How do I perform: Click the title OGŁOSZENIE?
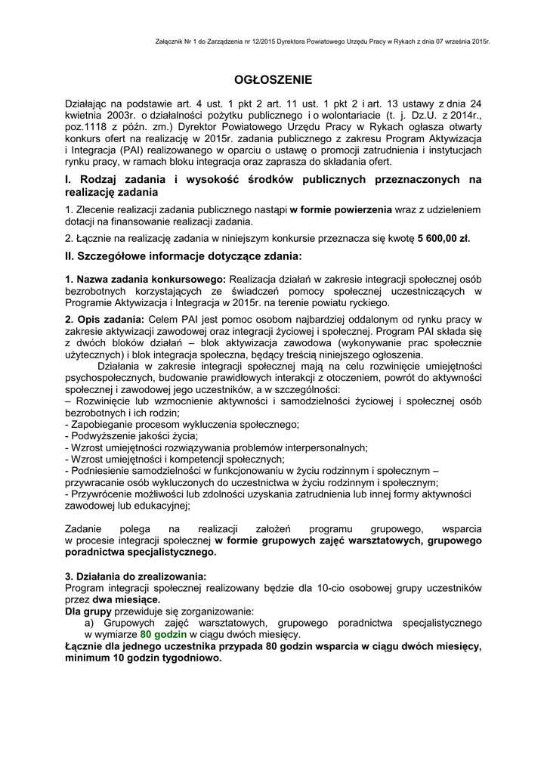(x=273, y=79)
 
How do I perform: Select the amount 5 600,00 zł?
(x=443, y=237)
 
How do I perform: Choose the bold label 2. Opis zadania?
(x=104, y=320)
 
